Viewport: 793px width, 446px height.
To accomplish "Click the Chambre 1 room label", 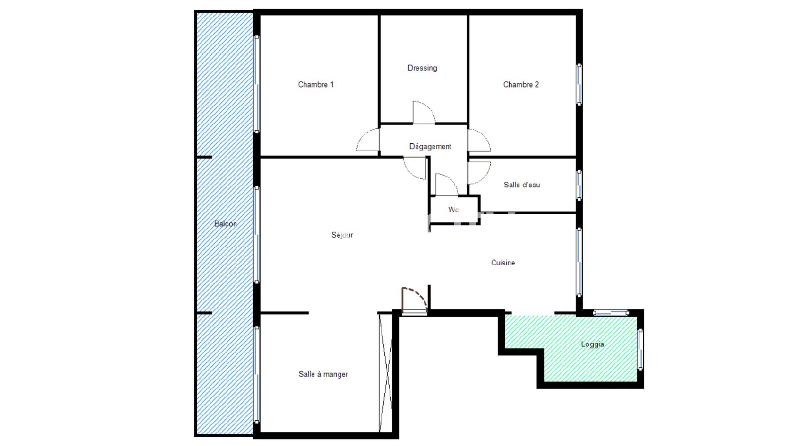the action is [x=315, y=85].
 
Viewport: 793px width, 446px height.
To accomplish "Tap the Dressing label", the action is [x=422, y=68].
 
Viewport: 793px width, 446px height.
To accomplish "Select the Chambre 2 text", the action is [x=521, y=85].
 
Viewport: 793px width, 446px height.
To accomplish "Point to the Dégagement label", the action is [x=430, y=147].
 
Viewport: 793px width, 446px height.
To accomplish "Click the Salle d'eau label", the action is [x=522, y=185].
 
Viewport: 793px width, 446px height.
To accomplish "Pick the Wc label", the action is [x=453, y=209].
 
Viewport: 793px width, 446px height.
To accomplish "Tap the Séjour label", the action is [x=342, y=235].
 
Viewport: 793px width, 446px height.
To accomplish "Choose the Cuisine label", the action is [x=503, y=263].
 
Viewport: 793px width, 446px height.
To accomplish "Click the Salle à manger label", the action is [x=323, y=374].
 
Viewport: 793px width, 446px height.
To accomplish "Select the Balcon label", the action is [x=225, y=223].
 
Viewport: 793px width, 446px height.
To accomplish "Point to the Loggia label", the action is [x=592, y=344].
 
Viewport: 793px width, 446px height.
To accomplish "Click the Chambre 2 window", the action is [x=579, y=85].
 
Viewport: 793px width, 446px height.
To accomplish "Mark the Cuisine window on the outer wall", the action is [x=579, y=262].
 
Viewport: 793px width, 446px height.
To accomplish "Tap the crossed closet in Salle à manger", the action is [x=385, y=373].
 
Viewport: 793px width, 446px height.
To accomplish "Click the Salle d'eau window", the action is [x=579, y=185].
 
